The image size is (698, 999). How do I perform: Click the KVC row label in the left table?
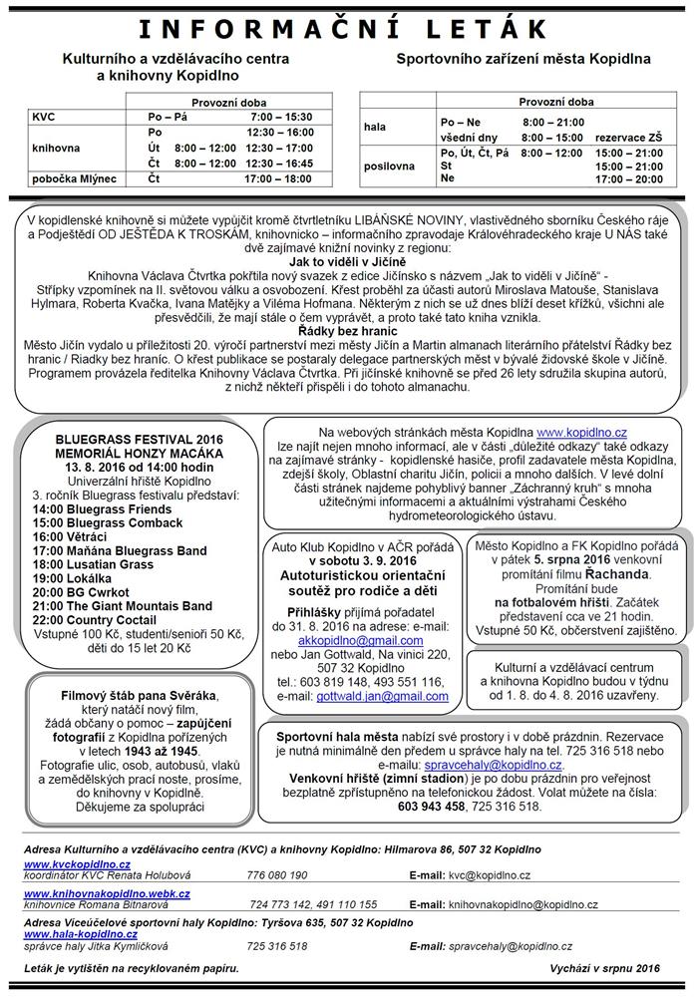(44, 118)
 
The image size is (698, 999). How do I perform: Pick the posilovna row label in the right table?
(385, 166)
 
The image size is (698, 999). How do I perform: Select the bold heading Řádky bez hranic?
(341, 329)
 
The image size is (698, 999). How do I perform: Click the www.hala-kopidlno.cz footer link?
(77, 934)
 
